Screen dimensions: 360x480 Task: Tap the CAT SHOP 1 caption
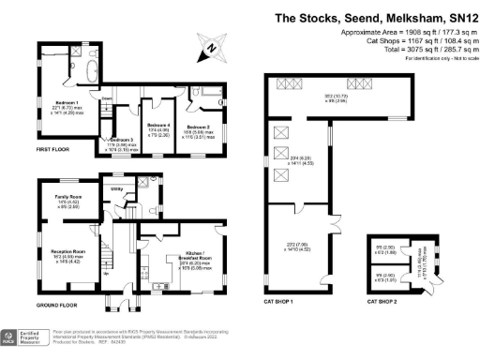[x=279, y=302]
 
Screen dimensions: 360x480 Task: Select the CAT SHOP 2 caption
[x=383, y=302]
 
